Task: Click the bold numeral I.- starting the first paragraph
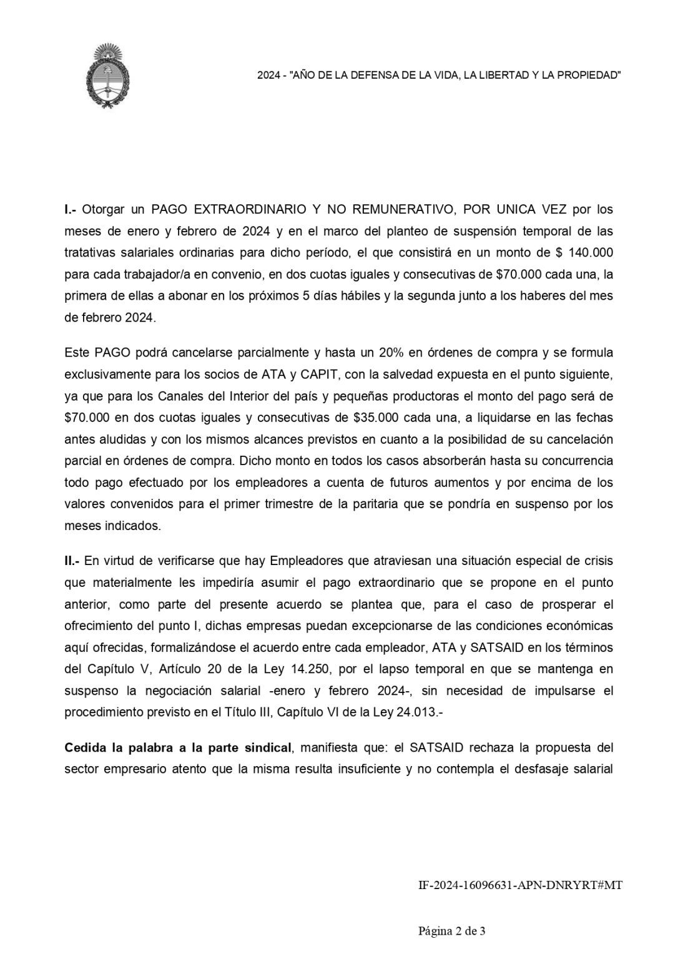click(71, 209)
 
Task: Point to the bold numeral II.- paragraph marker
click(72, 561)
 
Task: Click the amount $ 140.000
click(585, 252)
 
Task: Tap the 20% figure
click(391, 352)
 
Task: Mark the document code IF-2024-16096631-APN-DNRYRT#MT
click(520, 885)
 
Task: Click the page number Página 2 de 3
click(451, 932)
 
